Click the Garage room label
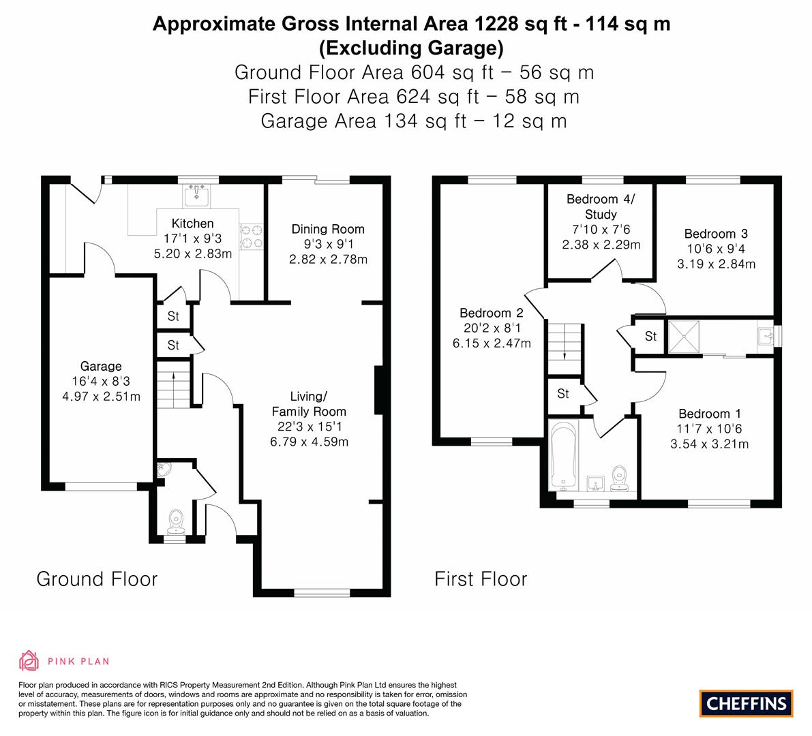click(x=101, y=366)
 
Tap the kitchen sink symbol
click(x=197, y=195)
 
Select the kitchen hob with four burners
click(x=251, y=236)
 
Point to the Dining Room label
click(x=328, y=229)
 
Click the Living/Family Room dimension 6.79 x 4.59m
click(x=309, y=442)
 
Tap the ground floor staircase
click(x=173, y=385)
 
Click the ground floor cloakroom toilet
click(x=177, y=521)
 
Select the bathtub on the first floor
click(x=563, y=455)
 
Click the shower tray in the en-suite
click(x=684, y=337)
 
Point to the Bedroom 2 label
click(x=492, y=313)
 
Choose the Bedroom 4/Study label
click(x=601, y=206)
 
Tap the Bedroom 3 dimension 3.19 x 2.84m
click(x=716, y=264)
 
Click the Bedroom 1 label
click(x=710, y=414)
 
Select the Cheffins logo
click(x=747, y=703)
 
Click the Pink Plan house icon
click(x=29, y=660)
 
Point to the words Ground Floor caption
click(x=97, y=579)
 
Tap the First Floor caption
click(x=481, y=579)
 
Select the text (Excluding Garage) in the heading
click(x=411, y=48)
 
